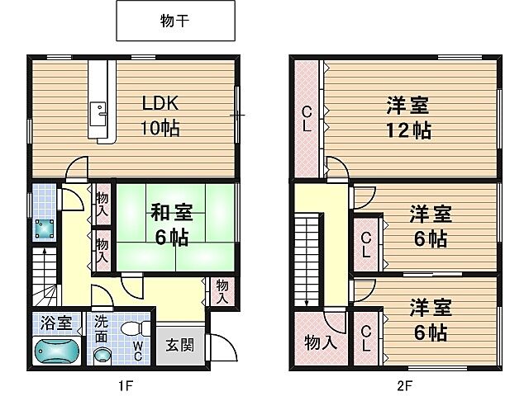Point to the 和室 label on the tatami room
pyautogui.click(x=171, y=213)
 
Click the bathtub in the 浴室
pyautogui.click(x=56, y=351)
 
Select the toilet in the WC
pyautogui.click(x=131, y=330)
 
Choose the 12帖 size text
pyautogui.click(x=409, y=130)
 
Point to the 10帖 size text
pyautogui.click(x=160, y=128)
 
